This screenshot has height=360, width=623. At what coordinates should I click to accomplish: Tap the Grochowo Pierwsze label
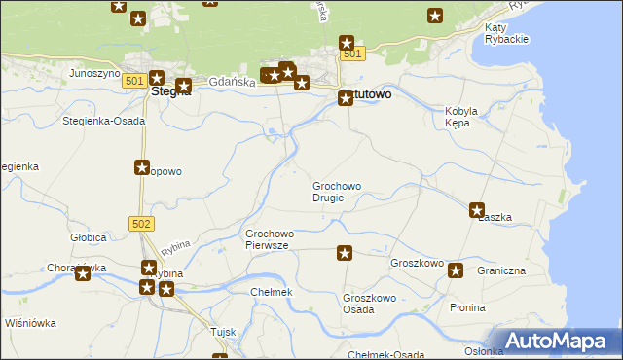[270, 239]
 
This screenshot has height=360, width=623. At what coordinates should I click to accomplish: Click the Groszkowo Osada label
[367, 304]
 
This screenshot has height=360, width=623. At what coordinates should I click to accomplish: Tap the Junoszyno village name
[93, 73]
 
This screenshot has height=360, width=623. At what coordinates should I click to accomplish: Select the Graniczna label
[501, 270]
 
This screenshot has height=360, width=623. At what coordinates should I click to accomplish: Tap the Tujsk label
[224, 332]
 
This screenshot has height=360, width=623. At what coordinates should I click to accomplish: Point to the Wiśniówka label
[30, 323]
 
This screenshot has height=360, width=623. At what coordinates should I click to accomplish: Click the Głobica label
[88, 236]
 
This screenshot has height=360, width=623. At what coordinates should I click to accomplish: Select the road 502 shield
[141, 224]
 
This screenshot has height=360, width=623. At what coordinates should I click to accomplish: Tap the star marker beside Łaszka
[477, 209]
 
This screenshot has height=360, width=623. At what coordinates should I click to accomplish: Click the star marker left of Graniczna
[455, 270]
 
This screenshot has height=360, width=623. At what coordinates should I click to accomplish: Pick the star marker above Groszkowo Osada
[345, 254]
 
